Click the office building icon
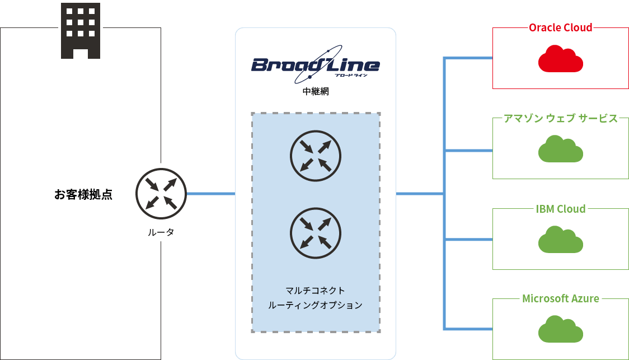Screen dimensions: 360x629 pos(81,31)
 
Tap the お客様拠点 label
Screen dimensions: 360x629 pos(83,195)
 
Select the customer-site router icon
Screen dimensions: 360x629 pos(161,194)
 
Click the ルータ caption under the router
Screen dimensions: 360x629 pos(161,232)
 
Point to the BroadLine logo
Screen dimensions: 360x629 pos(316,65)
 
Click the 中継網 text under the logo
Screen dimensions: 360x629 pos(315,91)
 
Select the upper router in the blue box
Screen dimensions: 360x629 pos(316,156)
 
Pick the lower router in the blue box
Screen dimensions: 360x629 pos(316,232)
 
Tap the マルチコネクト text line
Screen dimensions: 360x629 pos(315,291)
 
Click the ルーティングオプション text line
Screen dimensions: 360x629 pos(315,306)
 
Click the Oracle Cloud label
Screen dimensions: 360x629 pos(560,27)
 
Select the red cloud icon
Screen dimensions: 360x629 pos(560,59)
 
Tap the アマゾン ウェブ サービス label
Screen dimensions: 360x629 pos(560,118)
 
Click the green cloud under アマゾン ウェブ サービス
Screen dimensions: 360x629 pos(560,149)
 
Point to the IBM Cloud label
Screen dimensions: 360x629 pos(560,209)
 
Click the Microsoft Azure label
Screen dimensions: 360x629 pos(560,298)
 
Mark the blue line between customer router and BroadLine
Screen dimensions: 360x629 pos(210,194)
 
